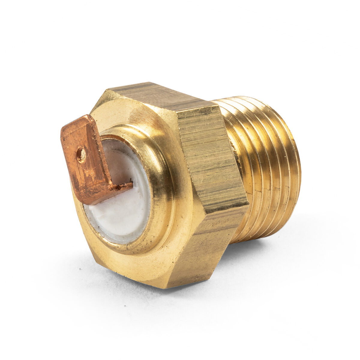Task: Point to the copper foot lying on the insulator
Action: tap(120, 187)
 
